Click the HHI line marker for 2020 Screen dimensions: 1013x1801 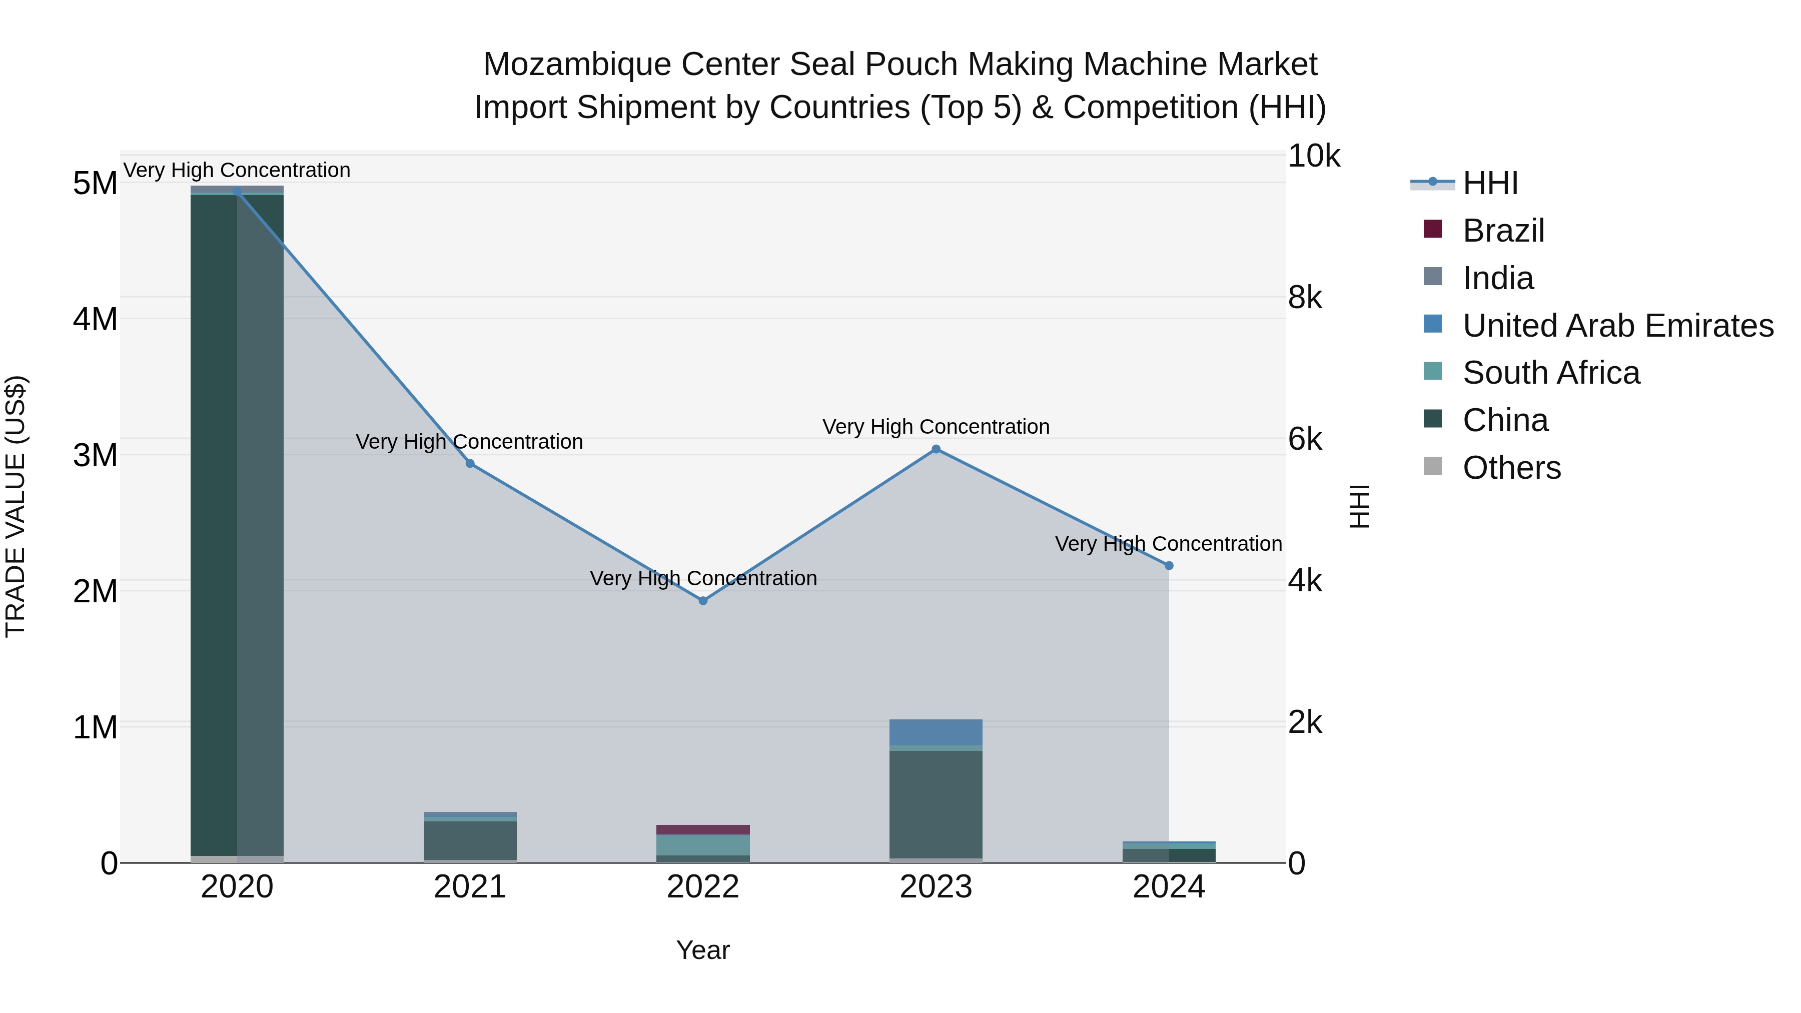click(237, 192)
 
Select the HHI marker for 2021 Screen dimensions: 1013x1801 click(470, 464)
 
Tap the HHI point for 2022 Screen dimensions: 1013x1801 click(703, 600)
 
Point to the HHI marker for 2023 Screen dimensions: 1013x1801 click(936, 450)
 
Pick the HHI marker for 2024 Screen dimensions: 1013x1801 click(1169, 566)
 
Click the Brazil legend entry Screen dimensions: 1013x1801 click(1503, 231)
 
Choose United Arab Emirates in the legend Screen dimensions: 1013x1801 click(1618, 326)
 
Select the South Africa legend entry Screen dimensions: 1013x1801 click(1551, 373)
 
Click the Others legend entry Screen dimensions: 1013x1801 click(1511, 468)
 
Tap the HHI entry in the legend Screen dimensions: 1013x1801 click(1490, 183)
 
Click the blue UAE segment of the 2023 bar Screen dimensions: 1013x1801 click(936, 732)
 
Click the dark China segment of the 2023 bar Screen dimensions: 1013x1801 click(936, 804)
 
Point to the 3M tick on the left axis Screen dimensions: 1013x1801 click(95, 455)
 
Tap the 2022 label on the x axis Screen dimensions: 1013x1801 click(703, 887)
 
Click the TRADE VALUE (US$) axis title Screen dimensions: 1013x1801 click(16, 506)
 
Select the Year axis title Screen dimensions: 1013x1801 click(703, 950)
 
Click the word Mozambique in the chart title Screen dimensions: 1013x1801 click(577, 65)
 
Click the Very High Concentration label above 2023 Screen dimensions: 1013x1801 click(936, 426)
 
